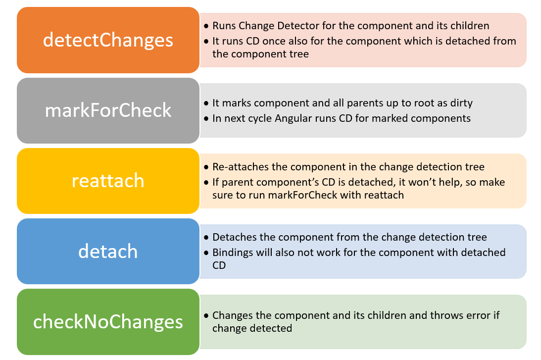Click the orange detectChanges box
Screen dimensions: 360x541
point(108,40)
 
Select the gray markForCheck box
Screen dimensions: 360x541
point(108,110)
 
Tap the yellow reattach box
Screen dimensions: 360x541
point(108,180)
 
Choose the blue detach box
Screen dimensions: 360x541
point(108,251)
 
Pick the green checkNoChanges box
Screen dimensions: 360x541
point(108,322)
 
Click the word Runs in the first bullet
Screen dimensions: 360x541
point(224,26)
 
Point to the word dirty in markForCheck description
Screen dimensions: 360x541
point(461,103)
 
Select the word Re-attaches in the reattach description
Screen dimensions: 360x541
point(238,167)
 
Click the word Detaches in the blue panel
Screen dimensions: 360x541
point(233,237)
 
